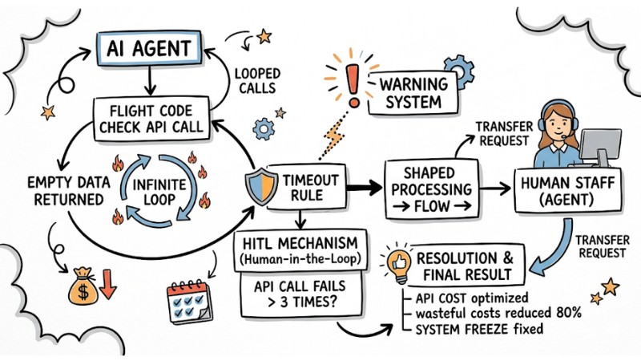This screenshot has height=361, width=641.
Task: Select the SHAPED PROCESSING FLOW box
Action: click(x=426, y=189)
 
